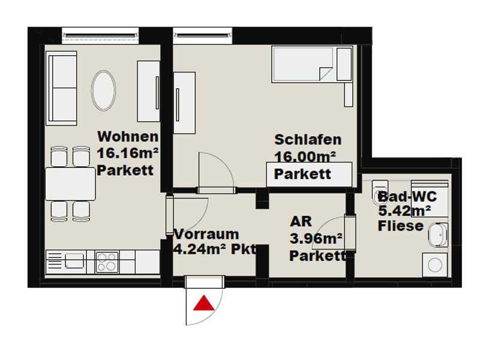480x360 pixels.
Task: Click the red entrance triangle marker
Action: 204,303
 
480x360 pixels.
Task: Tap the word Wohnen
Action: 128,137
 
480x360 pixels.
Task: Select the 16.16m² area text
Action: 128,153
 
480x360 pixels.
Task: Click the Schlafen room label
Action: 308,140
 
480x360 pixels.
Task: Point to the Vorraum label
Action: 206,234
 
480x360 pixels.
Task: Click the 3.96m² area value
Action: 316,238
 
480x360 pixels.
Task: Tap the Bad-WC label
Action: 407,196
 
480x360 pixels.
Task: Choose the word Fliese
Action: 401,226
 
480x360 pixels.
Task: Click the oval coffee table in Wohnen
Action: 103,91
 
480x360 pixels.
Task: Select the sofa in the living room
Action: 61,88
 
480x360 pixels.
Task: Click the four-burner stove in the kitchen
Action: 107,262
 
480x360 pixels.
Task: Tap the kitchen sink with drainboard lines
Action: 66,262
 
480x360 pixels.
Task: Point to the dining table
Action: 70,184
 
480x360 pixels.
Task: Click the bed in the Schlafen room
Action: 311,64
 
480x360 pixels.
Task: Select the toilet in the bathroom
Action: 380,192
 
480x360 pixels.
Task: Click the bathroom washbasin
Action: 438,235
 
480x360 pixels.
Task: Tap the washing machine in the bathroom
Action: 434,265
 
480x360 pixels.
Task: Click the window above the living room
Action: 100,36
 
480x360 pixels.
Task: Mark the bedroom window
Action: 203,36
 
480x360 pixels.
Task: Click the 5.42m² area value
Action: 404,211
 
